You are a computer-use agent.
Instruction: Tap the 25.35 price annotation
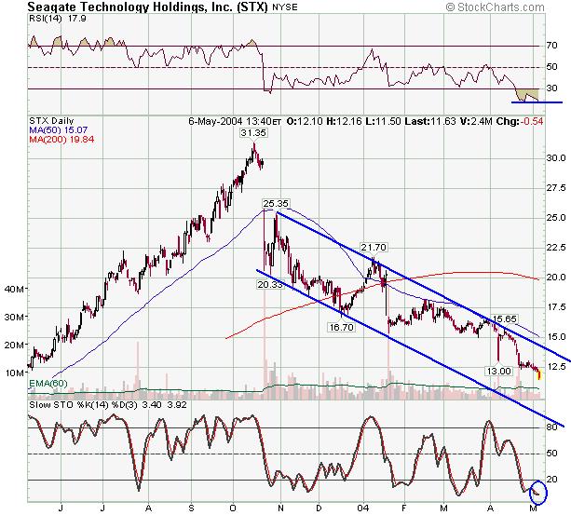pos(275,202)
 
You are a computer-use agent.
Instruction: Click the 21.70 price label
pos(374,247)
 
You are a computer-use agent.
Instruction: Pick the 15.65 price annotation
pos(504,318)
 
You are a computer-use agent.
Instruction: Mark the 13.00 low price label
pos(500,371)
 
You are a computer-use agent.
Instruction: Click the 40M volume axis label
pos(15,291)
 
